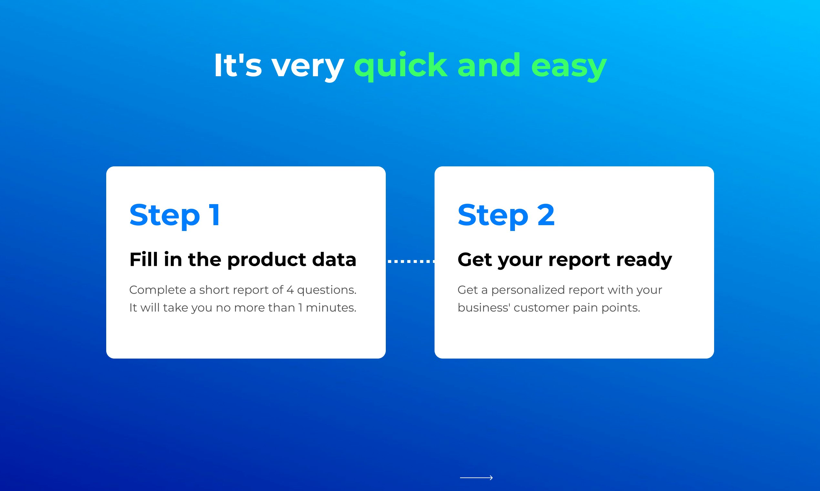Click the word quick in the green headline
tap(400, 66)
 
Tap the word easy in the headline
tap(569, 68)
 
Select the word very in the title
tap(308, 68)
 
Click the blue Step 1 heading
tap(175, 216)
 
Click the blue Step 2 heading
tap(506, 216)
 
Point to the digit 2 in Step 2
tap(546, 215)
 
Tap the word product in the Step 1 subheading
tap(266, 260)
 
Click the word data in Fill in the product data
tap(334, 259)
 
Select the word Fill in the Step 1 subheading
tap(143, 259)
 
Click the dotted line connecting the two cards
tap(411, 261)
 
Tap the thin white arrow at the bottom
tap(476, 477)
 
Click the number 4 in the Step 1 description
tap(290, 290)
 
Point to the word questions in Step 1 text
tap(327, 290)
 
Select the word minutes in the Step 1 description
tap(331, 308)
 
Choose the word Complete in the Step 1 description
tap(158, 290)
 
